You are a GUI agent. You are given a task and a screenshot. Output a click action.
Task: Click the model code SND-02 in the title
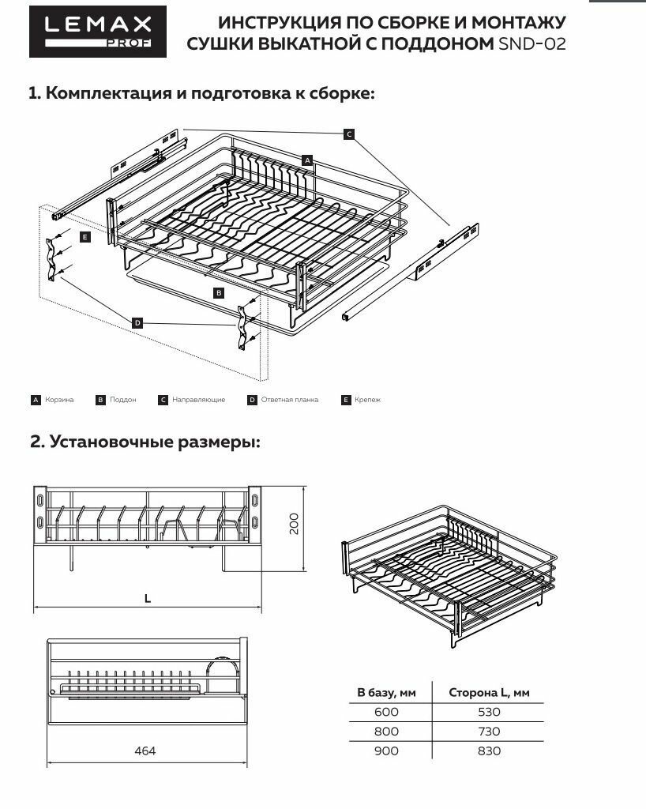click(531, 44)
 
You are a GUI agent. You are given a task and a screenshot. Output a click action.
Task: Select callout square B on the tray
click(219, 292)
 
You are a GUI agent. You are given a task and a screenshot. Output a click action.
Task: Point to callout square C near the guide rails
click(349, 134)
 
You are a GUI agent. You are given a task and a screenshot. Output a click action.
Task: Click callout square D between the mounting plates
click(137, 322)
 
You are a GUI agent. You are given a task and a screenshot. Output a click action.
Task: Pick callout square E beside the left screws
click(85, 236)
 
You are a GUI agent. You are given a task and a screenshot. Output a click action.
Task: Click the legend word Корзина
click(59, 400)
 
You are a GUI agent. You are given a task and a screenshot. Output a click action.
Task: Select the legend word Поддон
click(124, 400)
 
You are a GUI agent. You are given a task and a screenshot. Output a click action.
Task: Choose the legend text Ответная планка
click(289, 400)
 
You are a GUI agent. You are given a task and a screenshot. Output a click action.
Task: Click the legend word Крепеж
click(367, 400)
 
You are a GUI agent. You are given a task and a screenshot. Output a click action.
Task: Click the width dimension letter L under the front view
click(148, 599)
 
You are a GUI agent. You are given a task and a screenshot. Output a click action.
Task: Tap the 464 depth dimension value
click(145, 751)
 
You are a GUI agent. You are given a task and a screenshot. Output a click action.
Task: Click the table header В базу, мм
click(386, 693)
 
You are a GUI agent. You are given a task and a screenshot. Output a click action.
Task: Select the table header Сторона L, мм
click(489, 693)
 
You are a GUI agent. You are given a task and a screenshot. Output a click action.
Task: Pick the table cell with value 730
click(489, 732)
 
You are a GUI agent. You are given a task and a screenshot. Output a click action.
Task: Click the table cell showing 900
click(386, 751)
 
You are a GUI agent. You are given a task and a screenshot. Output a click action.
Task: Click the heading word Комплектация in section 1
click(108, 93)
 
